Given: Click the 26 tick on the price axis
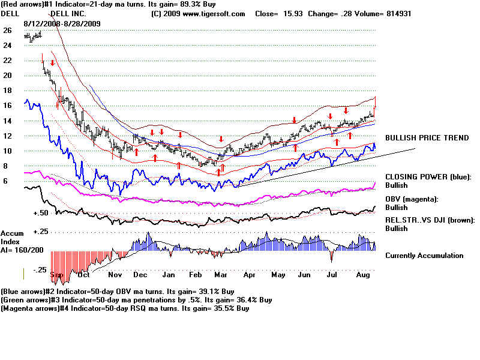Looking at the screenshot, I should pyautogui.click(x=7, y=30).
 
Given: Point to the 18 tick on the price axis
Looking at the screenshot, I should pyautogui.click(x=7, y=91).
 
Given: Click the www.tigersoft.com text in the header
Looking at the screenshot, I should pyautogui.click(x=218, y=13).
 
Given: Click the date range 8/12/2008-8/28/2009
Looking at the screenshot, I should pyautogui.click(x=62, y=23).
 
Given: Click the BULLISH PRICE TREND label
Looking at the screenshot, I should pyautogui.click(x=427, y=138).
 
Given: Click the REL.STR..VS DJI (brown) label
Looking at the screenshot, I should pyautogui.click(x=430, y=220).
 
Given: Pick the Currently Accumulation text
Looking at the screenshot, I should pyautogui.click(x=424, y=256).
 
